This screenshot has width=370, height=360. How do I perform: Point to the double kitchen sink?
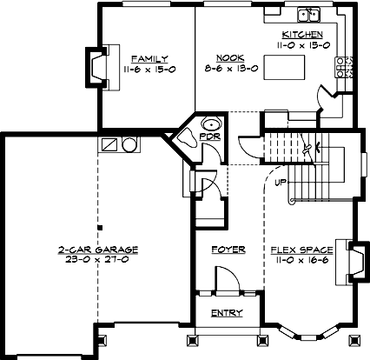(308, 14)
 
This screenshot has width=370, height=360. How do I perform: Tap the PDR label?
(208, 137)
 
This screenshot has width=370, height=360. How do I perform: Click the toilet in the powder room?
(187, 136)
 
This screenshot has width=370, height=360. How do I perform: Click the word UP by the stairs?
(280, 183)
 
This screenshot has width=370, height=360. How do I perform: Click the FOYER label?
(229, 250)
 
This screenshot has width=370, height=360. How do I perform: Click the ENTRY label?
(228, 314)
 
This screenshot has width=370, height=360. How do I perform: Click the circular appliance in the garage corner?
(129, 144)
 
